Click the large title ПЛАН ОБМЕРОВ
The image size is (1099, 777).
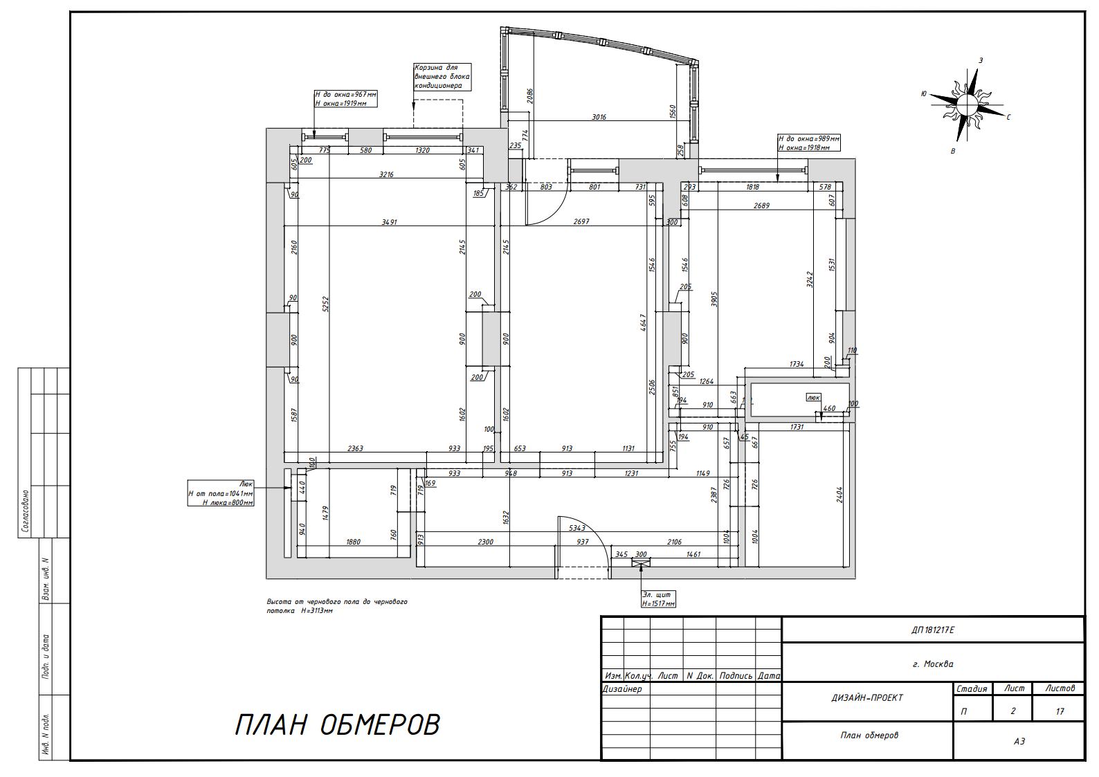tap(338, 725)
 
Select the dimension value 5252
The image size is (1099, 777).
tap(325, 304)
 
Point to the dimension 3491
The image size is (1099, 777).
tap(389, 222)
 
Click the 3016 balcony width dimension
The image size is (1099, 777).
tap(599, 117)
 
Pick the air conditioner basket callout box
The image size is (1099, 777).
tap(442, 77)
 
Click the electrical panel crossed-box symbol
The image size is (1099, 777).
tap(640, 564)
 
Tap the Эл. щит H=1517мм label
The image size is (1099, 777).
tap(658, 599)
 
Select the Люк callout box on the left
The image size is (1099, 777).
tap(221, 493)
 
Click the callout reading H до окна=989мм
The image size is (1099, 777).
tap(808, 143)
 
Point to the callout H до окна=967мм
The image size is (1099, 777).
tap(346, 99)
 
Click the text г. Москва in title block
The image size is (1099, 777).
tap(933, 664)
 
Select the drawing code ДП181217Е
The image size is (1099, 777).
tap(933, 630)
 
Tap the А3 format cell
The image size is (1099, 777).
tap(1019, 741)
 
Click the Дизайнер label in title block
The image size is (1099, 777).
tap(622, 689)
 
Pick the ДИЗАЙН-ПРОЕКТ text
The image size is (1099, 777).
tap(867, 697)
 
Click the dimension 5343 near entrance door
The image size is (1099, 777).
tap(577, 528)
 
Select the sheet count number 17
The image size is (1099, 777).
tap(1060, 711)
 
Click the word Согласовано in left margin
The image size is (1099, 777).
tap(26, 511)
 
